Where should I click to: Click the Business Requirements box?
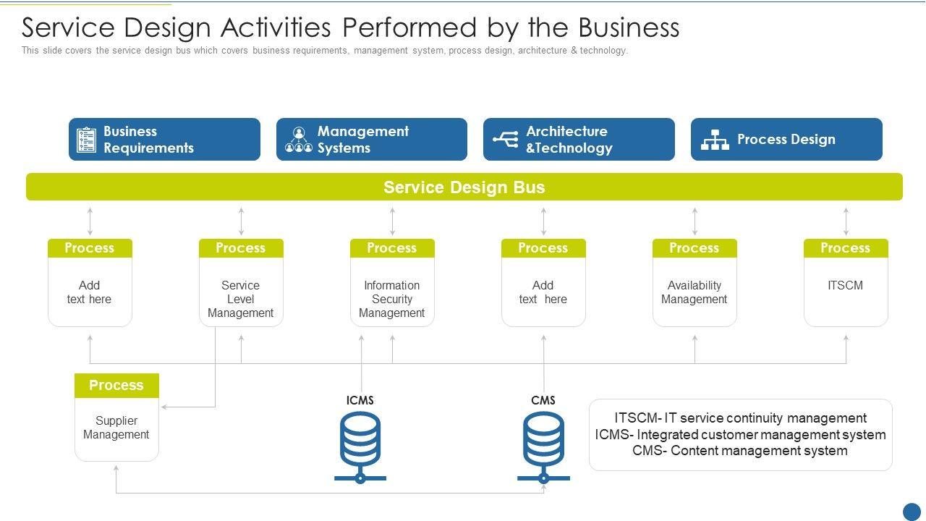[164, 140]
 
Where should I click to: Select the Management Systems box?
[372, 140]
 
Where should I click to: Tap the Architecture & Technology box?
[579, 140]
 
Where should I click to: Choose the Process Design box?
[786, 140]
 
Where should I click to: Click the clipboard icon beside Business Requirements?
[86, 140]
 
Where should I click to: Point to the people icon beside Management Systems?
[299, 140]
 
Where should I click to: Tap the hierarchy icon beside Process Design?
[715, 140]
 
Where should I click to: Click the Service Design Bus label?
[464, 187]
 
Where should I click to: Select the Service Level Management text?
[241, 299]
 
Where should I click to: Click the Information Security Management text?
[392, 299]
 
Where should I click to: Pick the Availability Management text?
[694, 292]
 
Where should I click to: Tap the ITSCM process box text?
[846, 285]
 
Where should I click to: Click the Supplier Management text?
[116, 428]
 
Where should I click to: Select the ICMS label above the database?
[360, 400]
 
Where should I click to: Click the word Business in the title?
[629, 27]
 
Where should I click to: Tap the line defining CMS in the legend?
[740, 451]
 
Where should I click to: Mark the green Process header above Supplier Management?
[116, 386]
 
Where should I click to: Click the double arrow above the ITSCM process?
[846, 221]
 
